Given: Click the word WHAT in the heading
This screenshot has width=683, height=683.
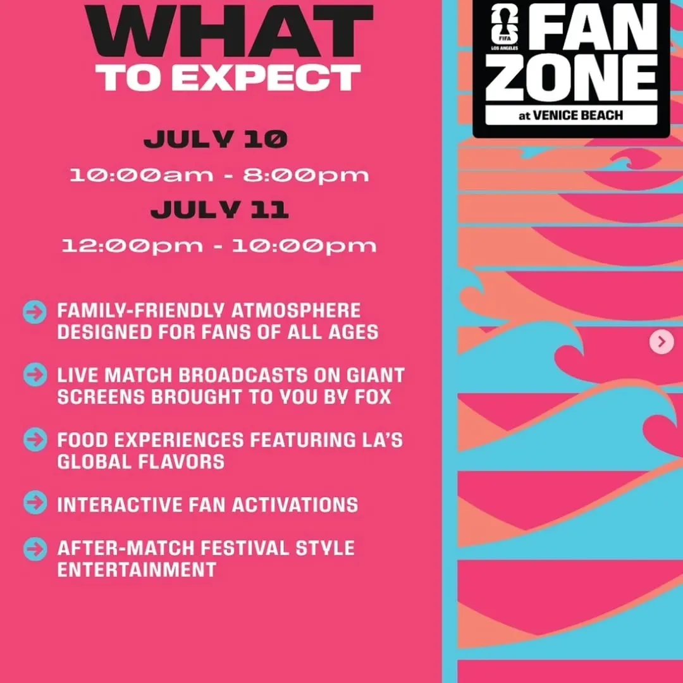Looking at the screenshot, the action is (x=230, y=30).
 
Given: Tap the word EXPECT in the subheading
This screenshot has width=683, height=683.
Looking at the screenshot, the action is (x=267, y=78).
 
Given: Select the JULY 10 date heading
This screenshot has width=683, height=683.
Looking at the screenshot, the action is (x=216, y=139).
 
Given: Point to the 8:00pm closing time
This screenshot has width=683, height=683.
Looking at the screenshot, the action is (x=306, y=176).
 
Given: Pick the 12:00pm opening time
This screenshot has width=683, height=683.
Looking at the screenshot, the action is (x=132, y=246).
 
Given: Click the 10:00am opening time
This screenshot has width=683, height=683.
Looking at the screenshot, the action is (x=142, y=175).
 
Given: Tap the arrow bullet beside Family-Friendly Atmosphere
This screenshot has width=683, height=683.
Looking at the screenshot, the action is (x=35, y=312).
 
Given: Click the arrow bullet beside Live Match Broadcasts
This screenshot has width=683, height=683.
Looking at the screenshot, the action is (x=35, y=374).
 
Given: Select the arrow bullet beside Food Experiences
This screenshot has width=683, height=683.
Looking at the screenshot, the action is (x=35, y=439).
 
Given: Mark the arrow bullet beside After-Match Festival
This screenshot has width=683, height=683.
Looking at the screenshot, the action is (x=35, y=549).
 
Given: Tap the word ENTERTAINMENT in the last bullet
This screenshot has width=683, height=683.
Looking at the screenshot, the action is (x=137, y=570).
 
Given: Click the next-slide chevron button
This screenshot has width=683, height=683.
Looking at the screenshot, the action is (x=661, y=342).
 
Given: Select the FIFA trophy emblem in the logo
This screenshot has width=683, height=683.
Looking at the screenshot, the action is (x=505, y=25).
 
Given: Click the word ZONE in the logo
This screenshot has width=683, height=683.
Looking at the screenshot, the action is (x=572, y=78).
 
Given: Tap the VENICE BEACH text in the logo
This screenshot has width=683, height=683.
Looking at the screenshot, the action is (x=577, y=116).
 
